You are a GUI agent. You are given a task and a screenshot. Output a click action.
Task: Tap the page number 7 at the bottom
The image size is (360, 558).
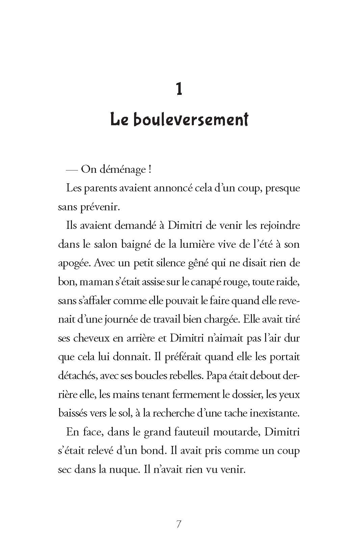point(179,524)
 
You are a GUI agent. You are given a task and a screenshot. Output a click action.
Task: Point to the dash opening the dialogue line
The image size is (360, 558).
point(73,170)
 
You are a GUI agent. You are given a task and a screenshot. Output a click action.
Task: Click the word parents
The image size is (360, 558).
point(100,188)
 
